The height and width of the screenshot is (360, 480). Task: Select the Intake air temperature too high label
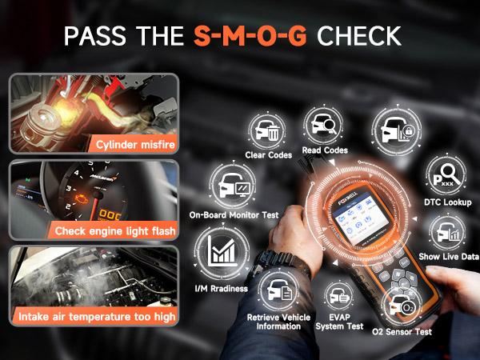coord(94,317)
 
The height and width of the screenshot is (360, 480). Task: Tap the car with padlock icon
coord(392,133)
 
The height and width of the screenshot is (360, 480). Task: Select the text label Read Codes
coord(325,150)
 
